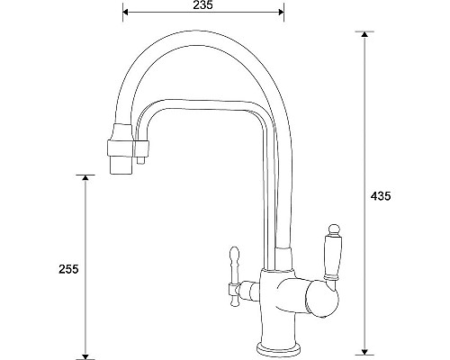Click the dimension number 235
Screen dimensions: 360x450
point(202,6)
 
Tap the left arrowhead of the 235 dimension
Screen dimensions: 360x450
point(126,13)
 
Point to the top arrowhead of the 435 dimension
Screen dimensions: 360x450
point(364,37)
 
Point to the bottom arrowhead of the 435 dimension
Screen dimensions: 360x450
point(364,347)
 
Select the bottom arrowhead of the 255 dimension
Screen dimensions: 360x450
point(85,353)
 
